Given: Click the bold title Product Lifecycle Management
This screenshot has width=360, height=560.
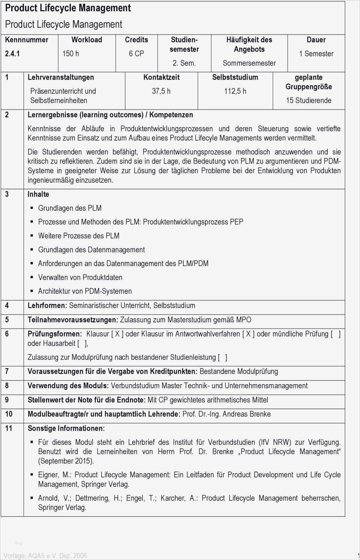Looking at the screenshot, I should click(x=68, y=8).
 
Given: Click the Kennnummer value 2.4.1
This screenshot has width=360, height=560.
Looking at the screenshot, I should click(x=12, y=54).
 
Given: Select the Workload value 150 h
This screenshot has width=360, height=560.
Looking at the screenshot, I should click(x=70, y=54).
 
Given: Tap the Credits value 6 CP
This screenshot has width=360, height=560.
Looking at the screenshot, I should click(x=136, y=54).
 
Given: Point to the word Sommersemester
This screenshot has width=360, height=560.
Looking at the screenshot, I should click(x=249, y=63).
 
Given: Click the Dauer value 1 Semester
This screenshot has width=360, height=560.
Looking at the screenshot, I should click(x=316, y=54).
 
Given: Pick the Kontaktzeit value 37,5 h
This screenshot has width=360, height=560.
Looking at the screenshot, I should click(x=161, y=91).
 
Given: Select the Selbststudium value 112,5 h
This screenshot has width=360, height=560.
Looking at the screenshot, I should click(x=235, y=91).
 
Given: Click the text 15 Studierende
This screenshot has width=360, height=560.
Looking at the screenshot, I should click(x=309, y=101).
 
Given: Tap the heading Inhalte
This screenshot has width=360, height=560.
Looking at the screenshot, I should click(x=38, y=194).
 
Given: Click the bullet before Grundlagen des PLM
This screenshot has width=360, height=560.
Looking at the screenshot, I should click(x=32, y=208).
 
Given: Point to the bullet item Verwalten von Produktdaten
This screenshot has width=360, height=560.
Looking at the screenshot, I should click(x=80, y=278).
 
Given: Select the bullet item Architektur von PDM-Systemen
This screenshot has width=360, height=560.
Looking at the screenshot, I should click(x=85, y=291).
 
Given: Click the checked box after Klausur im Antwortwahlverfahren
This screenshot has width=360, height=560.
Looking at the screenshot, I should click(x=248, y=334).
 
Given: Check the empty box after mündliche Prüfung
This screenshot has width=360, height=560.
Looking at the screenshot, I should click(x=336, y=334).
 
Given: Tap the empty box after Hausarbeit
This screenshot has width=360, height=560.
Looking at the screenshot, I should click(x=82, y=343).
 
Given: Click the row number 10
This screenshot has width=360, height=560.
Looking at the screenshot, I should click(x=9, y=414).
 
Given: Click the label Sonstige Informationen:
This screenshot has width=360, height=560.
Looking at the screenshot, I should click(x=66, y=428).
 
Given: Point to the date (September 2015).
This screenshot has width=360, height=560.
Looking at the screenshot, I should click(x=66, y=461).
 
